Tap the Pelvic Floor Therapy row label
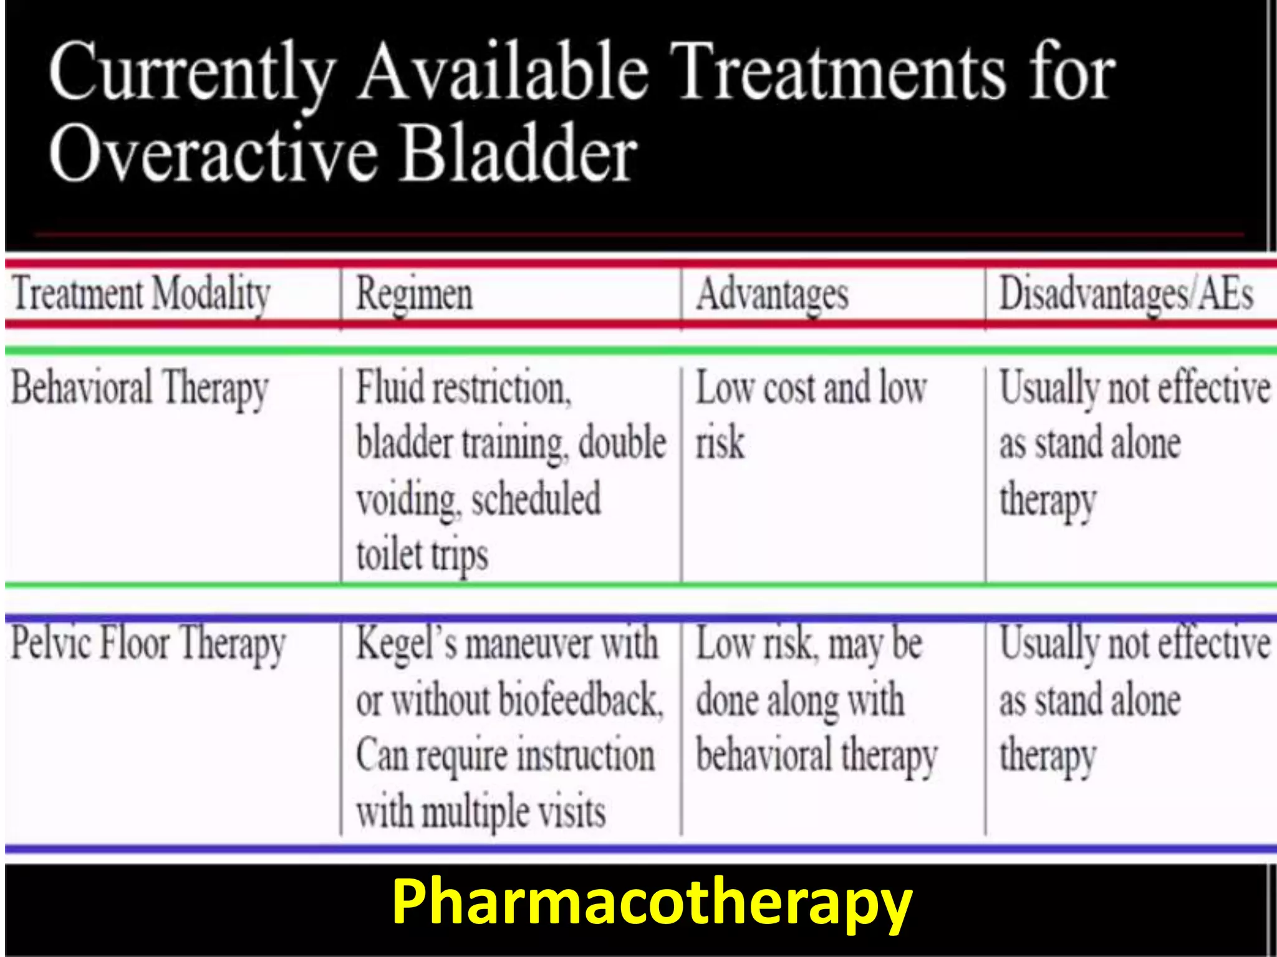pyautogui.click(x=148, y=644)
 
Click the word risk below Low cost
pyautogui.click(x=720, y=442)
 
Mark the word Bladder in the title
pyautogui.click(x=518, y=153)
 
